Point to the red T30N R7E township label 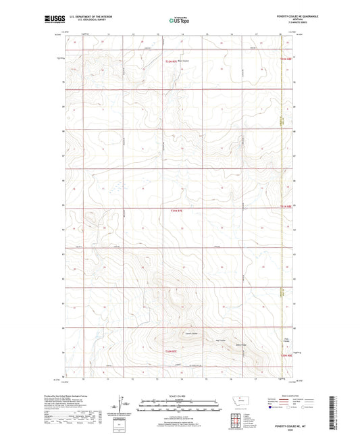click(x=175, y=351)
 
